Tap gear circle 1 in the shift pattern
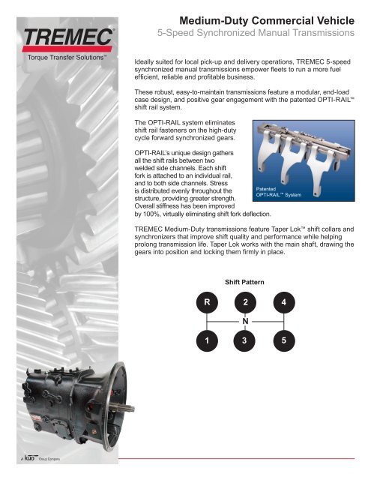coord(206,340)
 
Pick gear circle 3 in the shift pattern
coord(244,340)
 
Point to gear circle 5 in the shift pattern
coord(283,340)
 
